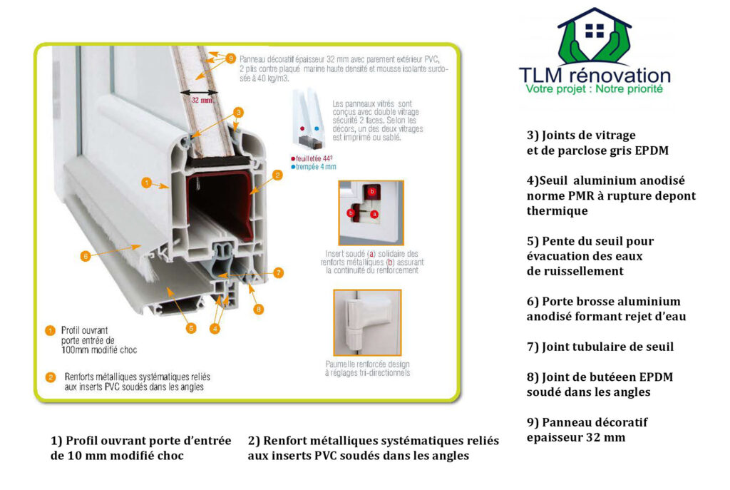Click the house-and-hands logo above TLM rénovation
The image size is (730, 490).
click(x=594, y=37)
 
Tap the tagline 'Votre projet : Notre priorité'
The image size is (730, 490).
click(x=594, y=89)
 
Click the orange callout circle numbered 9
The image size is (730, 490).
click(x=230, y=58)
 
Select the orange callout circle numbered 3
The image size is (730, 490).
click(x=239, y=112)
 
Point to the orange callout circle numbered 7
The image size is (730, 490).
click(x=278, y=272)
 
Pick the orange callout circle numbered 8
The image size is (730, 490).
click(x=258, y=309)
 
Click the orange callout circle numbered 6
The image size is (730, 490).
click(x=85, y=256)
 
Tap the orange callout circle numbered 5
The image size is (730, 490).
click(x=191, y=328)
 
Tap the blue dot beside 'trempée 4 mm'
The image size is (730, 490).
click(x=292, y=166)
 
